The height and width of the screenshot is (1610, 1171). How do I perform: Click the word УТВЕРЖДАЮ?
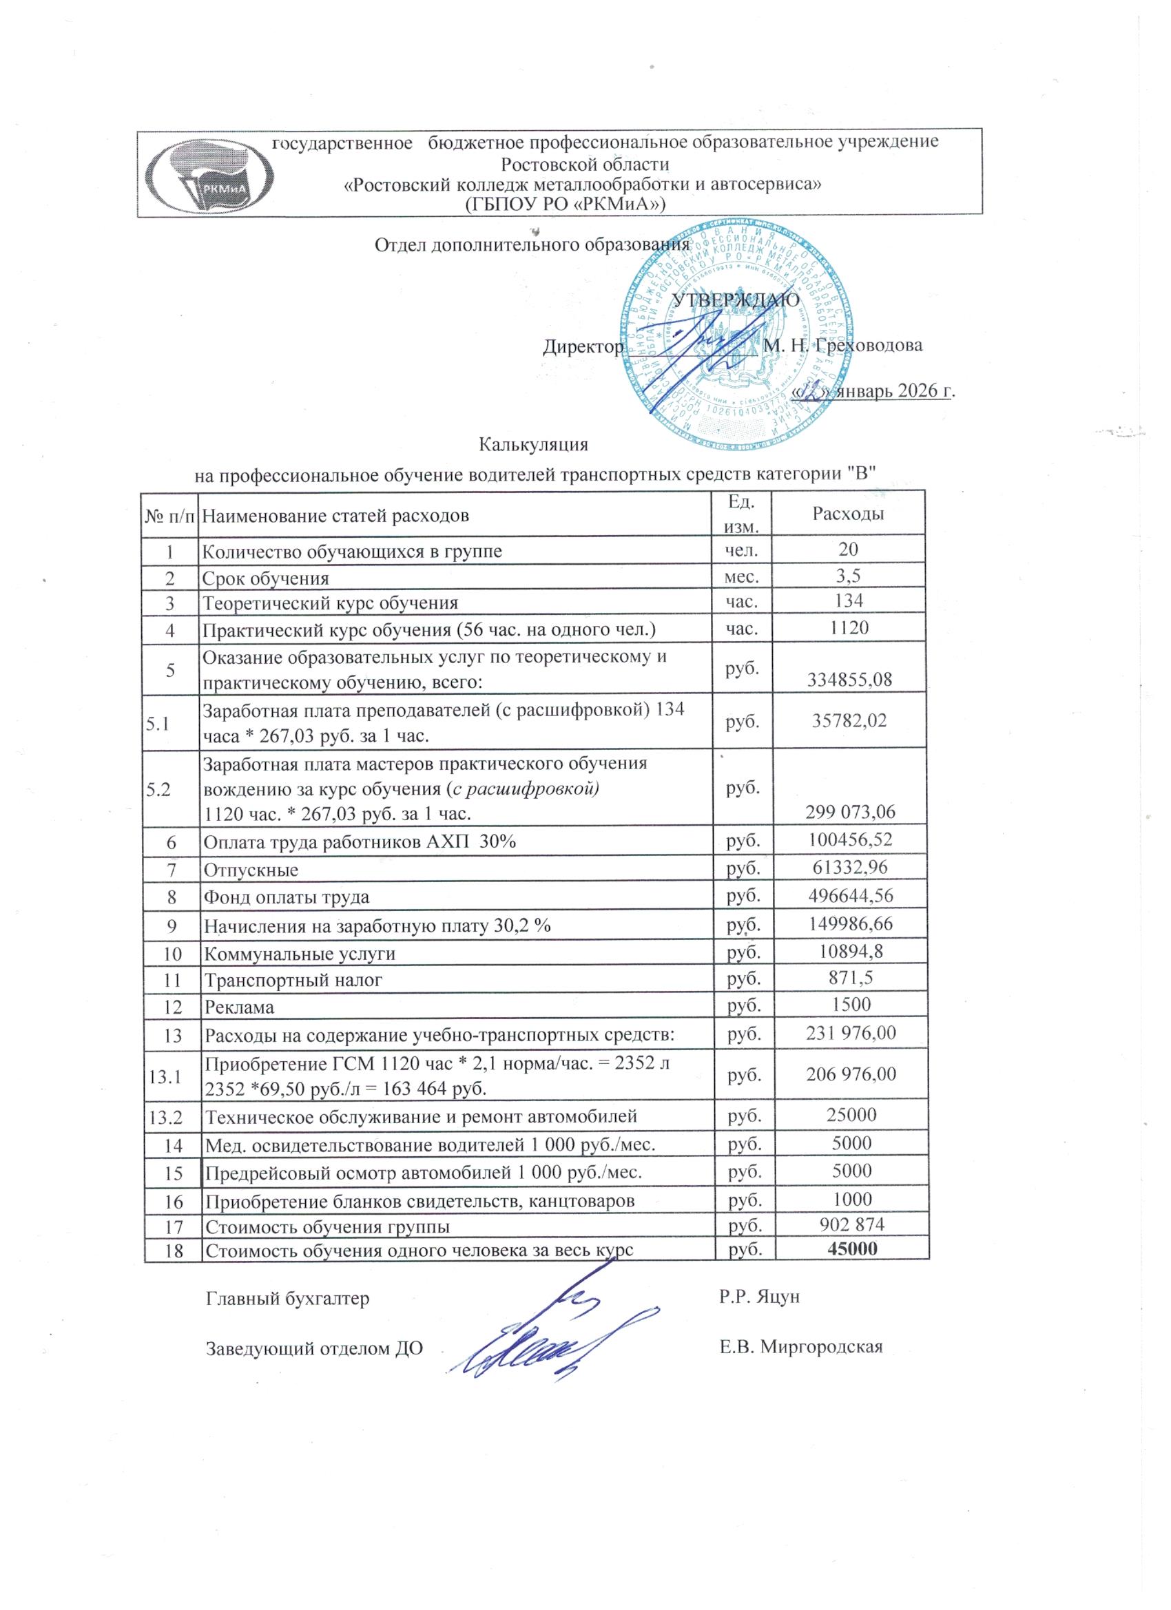pyautogui.click(x=736, y=299)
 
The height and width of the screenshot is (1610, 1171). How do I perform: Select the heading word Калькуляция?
pyautogui.click(x=534, y=444)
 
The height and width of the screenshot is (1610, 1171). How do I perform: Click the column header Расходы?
pyautogui.click(x=849, y=514)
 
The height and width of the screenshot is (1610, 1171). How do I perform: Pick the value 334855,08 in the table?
pyautogui.click(x=849, y=680)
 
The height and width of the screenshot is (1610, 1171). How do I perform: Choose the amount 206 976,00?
pyautogui.click(x=851, y=1074)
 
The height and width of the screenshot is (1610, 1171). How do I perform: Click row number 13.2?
pyautogui.click(x=165, y=1117)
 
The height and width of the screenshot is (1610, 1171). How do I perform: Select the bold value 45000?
pyautogui.click(x=852, y=1248)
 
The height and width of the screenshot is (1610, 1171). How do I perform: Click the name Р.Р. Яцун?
pyautogui.click(x=759, y=1297)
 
